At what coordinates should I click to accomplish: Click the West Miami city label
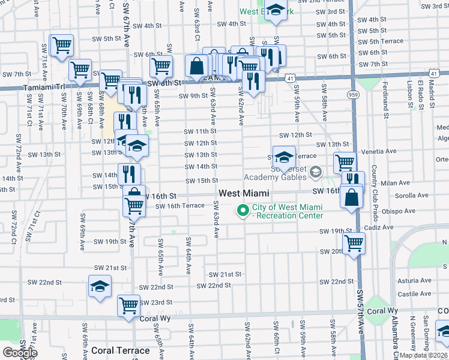pyautogui.click(x=243, y=193)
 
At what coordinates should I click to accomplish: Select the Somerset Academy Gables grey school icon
pyautogui.click(x=315, y=173)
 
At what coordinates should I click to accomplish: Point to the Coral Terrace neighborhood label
pyautogui.click(x=121, y=350)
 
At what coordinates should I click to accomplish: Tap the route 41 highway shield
pyautogui.click(x=290, y=79)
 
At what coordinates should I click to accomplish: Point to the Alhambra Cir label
pyautogui.click(x=396, y=340)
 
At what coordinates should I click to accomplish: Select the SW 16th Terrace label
pyautogui.click(x=180, y=206)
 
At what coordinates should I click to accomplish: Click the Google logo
pyautogui.click(x=19, y=353)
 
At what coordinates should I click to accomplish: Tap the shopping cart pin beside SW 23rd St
pyautogui.click(x=128, y=305)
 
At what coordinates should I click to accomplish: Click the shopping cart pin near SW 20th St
pyautogui.click(x=354, y=243)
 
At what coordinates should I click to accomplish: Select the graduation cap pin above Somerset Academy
pyautogui.click(x=284, y=157)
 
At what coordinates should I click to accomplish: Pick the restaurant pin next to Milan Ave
pyautogui.click(x=352, y=179)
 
